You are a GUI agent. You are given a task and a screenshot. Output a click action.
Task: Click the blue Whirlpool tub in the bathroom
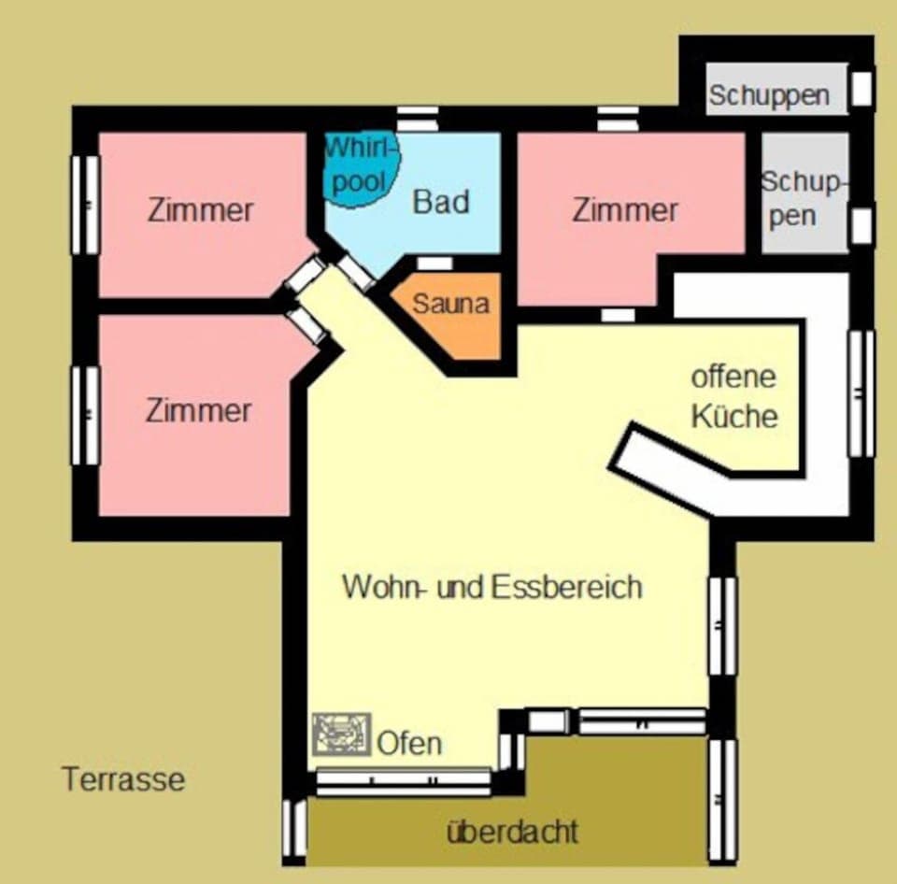point(361,166)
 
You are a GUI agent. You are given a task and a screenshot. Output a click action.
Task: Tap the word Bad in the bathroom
point(441,202)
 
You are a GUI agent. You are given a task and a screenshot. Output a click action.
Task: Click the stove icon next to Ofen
point(342,734)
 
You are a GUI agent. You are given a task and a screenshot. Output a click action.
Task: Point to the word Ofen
point(409,744)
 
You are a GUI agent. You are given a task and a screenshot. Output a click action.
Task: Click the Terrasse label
point(123,778)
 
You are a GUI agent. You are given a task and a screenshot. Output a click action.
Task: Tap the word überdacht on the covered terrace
point(512,831)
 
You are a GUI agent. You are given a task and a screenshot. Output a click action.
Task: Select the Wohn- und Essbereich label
point(492,588)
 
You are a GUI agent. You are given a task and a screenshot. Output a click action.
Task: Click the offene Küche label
point(734,396)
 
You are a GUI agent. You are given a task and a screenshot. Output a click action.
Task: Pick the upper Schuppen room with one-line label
point(769,94)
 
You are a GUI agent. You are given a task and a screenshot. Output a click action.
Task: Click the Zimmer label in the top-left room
point(200,209)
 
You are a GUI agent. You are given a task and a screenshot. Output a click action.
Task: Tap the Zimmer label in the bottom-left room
point(199,410)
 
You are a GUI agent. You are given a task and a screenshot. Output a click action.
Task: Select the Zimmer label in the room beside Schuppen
point(625,210)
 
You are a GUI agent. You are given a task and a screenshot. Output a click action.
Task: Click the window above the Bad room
point(417,118)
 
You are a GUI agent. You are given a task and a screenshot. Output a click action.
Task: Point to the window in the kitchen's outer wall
point(861,392)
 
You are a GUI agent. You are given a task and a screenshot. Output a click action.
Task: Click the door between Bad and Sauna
point(434,264)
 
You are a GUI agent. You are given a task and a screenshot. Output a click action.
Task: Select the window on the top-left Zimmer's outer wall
point(85,204)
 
